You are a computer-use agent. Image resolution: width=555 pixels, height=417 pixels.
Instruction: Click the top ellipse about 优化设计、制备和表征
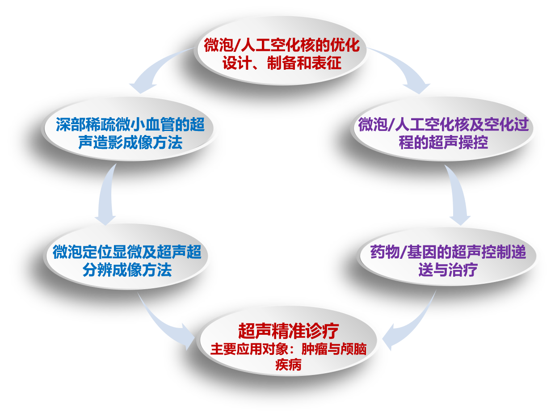[x=283, y=54]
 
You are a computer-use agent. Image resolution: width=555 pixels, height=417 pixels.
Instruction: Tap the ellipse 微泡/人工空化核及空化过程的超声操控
[x=443, y=129]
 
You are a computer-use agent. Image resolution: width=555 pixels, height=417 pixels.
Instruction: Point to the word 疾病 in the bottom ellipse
[x=288, y=365]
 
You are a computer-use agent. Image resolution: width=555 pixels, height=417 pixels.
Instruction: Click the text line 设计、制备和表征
[x=282, y=63]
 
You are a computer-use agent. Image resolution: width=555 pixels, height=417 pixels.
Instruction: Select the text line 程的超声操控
[x=443, y=142]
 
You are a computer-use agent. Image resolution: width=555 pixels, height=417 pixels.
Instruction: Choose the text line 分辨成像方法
[x=127, y=270]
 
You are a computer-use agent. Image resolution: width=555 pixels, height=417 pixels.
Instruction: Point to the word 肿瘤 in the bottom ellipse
[x=315, y=349]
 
